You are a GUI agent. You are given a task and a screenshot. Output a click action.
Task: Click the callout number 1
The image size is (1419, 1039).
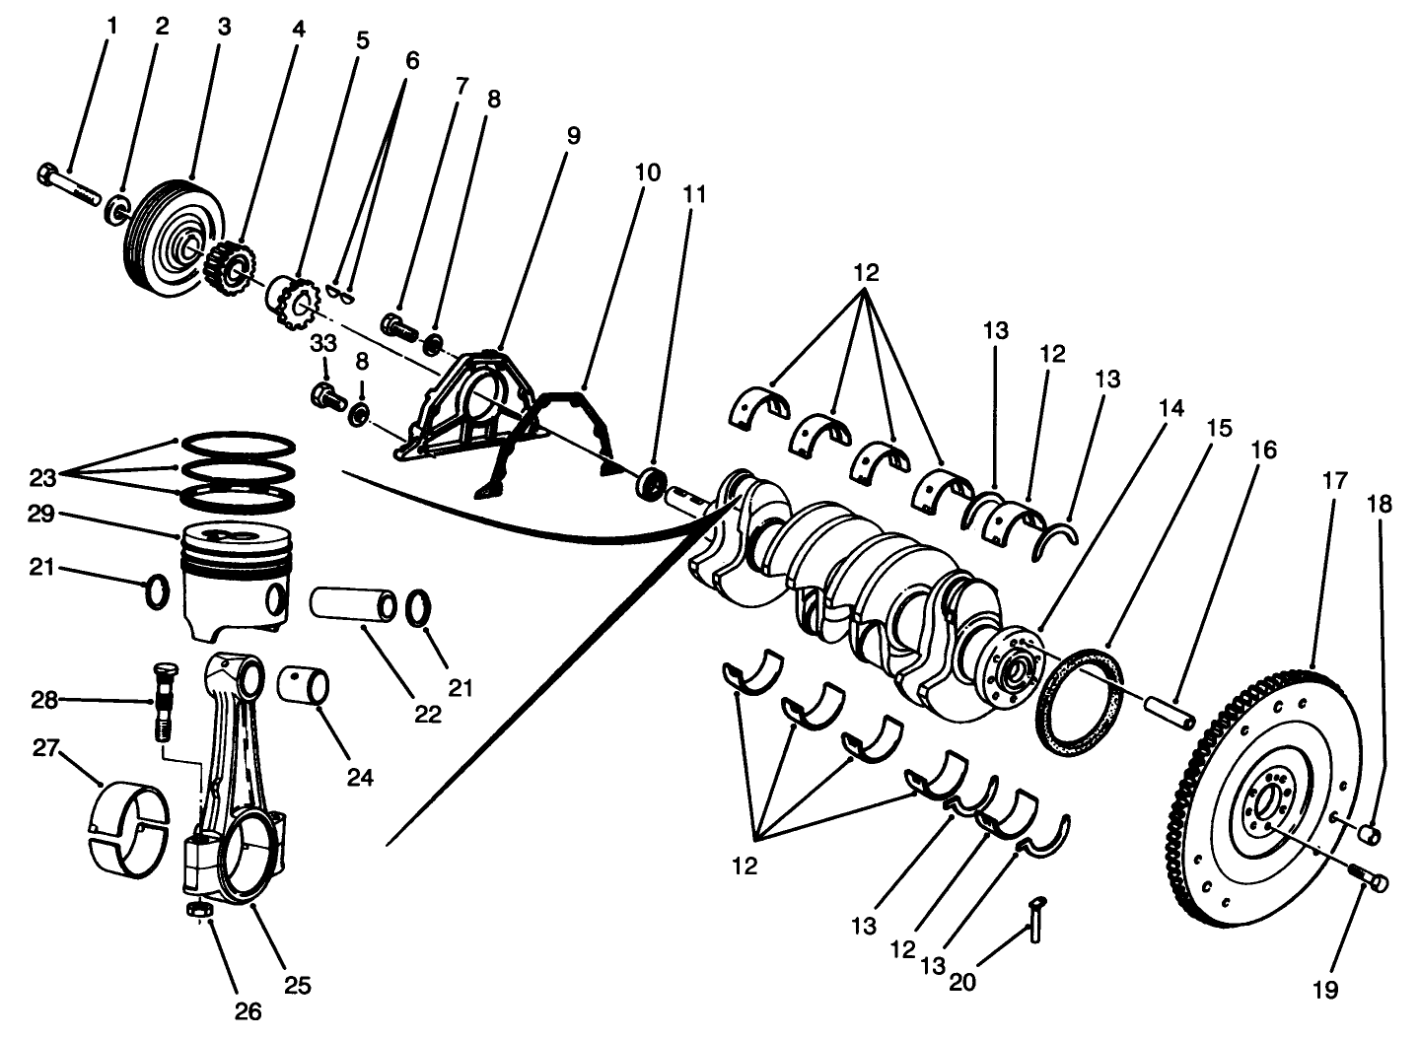(x=110, y=26)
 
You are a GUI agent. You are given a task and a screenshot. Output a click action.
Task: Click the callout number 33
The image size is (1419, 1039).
(x=323, y=344)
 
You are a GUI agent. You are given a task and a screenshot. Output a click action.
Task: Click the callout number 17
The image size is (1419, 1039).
(x=1334, y=482)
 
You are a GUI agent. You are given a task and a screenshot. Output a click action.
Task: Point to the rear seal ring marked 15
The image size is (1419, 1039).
(x=1082, y=702)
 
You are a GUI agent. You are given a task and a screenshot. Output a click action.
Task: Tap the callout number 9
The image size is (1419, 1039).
(x=573, y=135)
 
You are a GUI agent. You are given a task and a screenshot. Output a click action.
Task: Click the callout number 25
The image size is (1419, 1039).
(x=298, y=984)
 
